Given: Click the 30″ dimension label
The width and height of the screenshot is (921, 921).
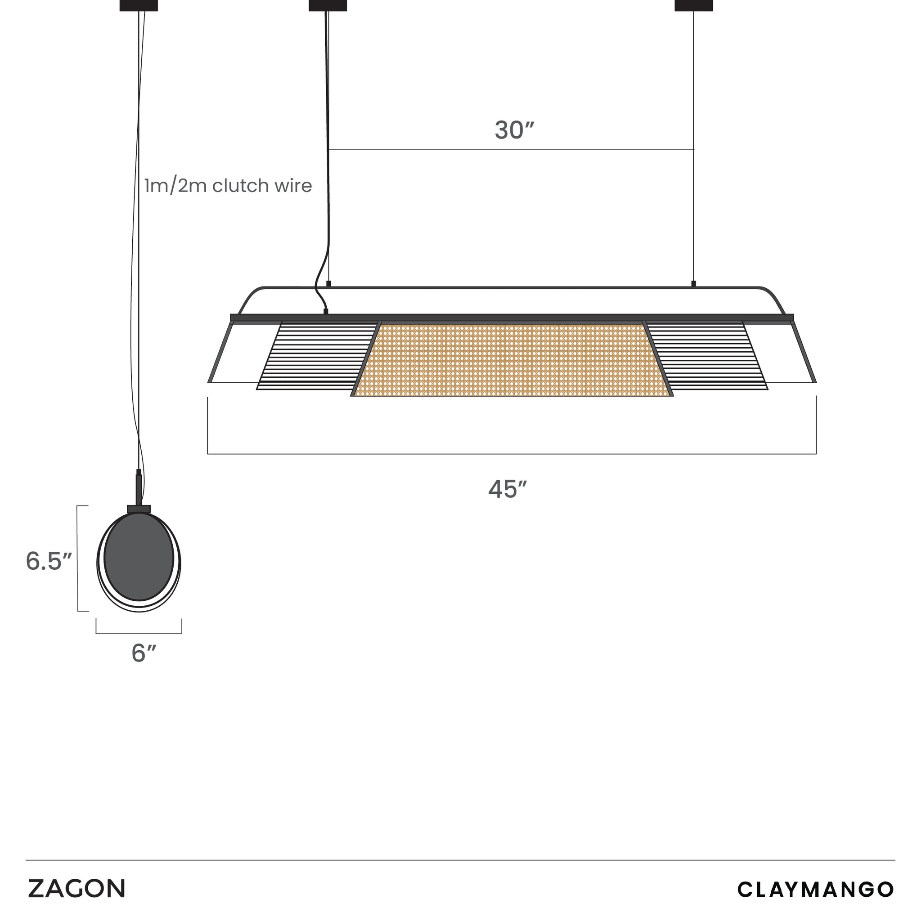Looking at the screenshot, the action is [514, 130].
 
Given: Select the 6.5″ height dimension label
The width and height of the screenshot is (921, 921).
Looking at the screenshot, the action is [49, 561].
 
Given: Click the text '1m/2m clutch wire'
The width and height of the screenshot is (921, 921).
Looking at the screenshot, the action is [228, 185].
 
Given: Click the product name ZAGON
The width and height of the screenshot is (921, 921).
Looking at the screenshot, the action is [76, 889].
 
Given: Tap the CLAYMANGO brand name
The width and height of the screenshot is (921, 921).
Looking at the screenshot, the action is [816, 889].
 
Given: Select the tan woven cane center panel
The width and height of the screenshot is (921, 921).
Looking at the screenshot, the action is [512, 359].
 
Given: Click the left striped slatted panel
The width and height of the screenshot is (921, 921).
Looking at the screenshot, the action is [317, 356].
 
